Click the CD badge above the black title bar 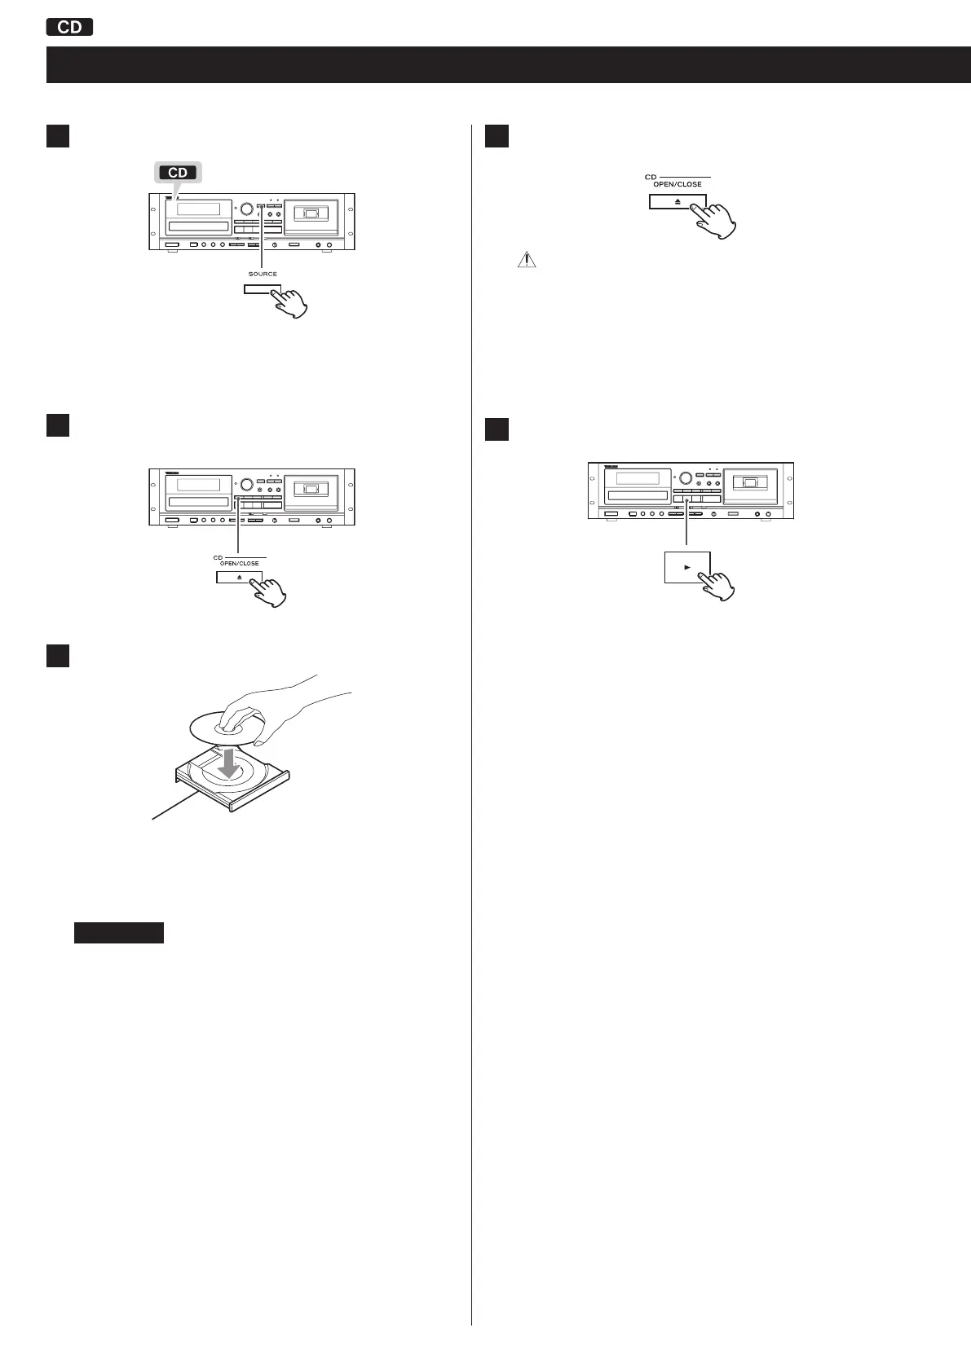click(70, 27)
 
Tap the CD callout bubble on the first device click(177, 173)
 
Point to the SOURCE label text click(263, 274)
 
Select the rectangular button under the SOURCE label click(261, 289)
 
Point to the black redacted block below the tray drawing click(119, 933)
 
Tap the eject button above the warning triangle click(677, 202)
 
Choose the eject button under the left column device click(239, 577)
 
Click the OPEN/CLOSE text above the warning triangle click(677, 184)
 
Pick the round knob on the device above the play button click(686, 479)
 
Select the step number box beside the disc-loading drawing click(57, 657)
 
